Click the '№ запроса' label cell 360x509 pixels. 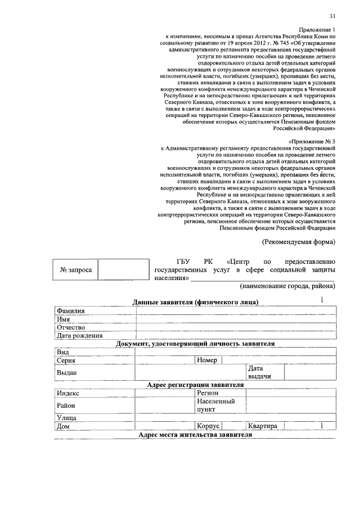pos(75,271)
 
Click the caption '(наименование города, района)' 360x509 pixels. pos(287,286)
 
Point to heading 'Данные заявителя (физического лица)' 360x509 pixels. pos(195,302)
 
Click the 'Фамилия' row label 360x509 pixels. pos(70,310)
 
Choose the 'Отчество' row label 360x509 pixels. pos(70,327)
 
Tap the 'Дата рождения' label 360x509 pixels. pos(79,336)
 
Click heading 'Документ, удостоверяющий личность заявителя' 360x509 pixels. pos(195,343)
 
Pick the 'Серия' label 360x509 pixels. pos(66,361)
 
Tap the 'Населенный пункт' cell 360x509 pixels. pos(215,406)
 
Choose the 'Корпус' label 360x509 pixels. pos(208,426)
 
